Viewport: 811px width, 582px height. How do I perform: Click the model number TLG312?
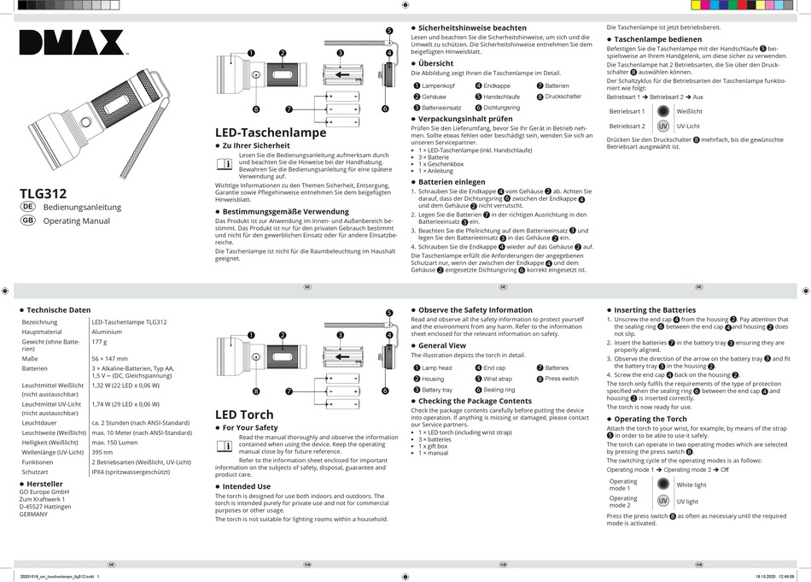coord(43,194)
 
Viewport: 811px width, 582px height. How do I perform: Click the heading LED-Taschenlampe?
coord(270,132)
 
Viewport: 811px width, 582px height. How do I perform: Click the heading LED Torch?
coord(244,414)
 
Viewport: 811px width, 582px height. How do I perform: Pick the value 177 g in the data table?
coord(101,341)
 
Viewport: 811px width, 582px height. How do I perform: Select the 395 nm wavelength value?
coord(102,452)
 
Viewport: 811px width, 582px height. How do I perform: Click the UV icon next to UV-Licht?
coord(662,126)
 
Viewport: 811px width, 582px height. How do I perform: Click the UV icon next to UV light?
coord(662,501)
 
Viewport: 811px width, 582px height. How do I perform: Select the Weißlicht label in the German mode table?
coord(690,111)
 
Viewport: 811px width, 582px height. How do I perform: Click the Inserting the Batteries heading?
coord(655,309)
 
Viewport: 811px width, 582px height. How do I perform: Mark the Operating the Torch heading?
coord(651,419)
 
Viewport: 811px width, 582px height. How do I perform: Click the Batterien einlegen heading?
coord(452,182)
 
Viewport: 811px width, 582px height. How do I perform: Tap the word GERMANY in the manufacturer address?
coord(35,514)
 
